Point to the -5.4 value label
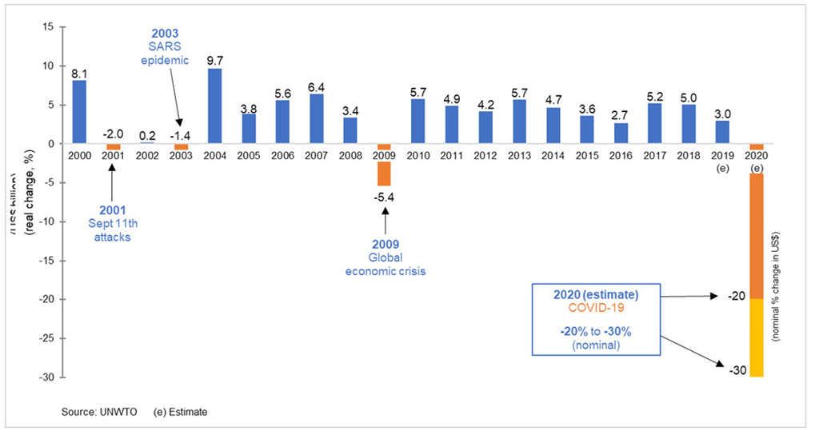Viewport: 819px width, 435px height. [x=385, y=196]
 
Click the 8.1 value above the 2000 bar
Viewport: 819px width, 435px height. [x=78, y=73]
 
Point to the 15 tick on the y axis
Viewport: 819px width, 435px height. [x=47, y=27]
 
